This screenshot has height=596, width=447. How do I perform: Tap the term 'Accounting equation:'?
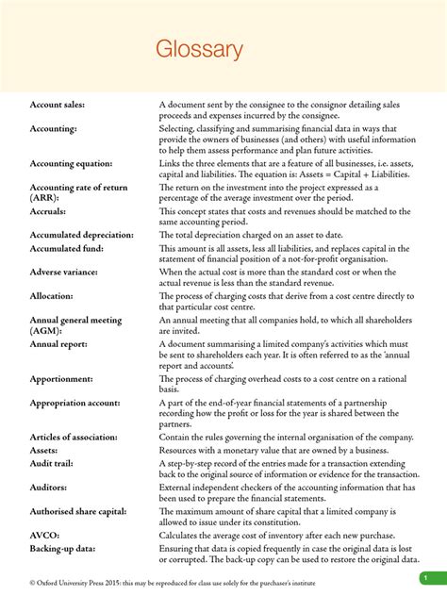pos(70,163)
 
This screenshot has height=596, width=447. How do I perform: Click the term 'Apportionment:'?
pos(64,380)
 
